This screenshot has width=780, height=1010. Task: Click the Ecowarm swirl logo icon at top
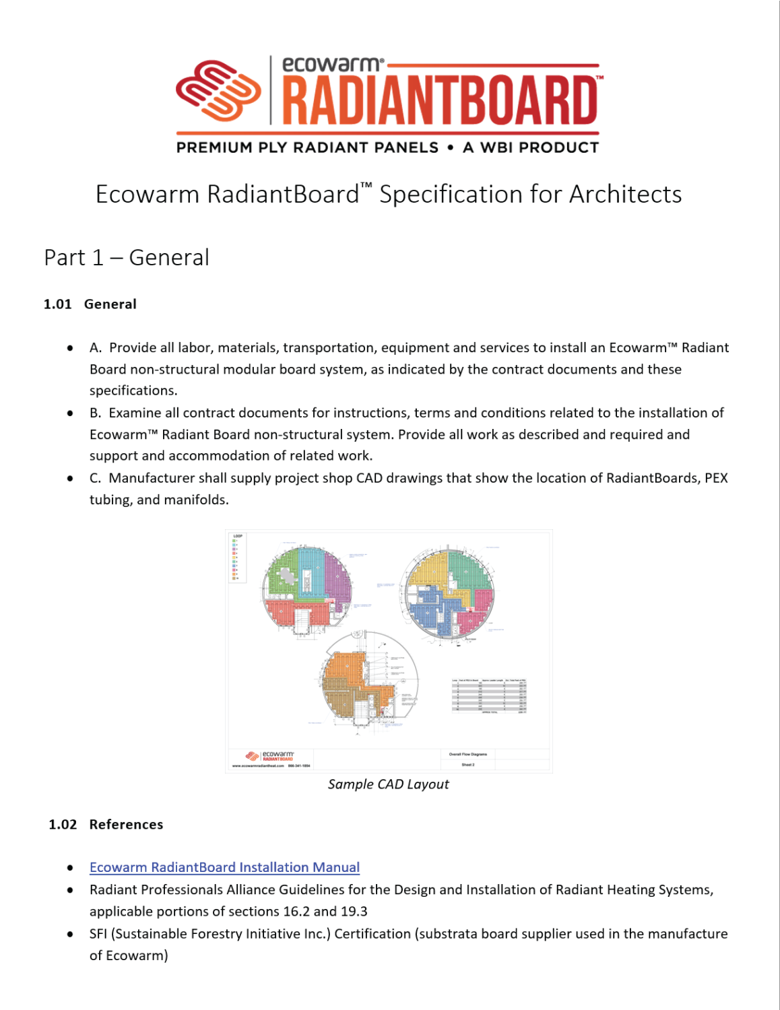(218, 91)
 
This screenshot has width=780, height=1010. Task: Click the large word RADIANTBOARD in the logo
(439, 100)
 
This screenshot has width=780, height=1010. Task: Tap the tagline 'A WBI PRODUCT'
(531, 147)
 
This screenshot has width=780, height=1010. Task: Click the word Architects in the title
(625, 195)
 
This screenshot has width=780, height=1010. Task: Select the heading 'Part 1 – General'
(127, 258)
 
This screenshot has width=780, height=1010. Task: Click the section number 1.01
(58, 304)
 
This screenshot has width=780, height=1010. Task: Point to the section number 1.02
(63, 825)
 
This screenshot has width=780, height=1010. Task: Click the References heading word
(126, 825)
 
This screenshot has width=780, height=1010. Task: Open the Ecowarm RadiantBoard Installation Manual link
(224, 867)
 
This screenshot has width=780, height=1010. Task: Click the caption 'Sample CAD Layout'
(388, 784)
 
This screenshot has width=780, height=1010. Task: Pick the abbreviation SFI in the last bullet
(98, 934)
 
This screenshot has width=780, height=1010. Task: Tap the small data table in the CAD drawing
(489, 696)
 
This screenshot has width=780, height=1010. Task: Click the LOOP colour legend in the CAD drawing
(237, 558)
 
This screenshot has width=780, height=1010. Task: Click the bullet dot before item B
(70, 413)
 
